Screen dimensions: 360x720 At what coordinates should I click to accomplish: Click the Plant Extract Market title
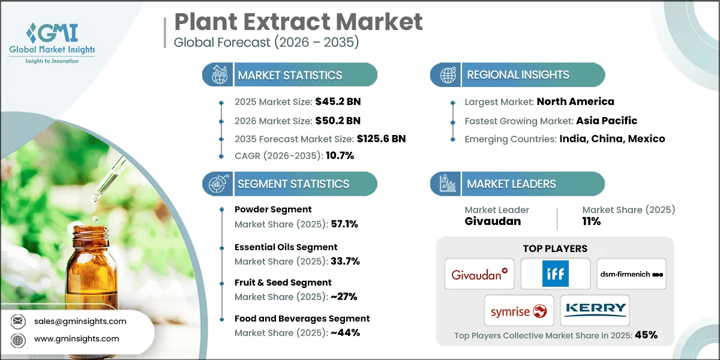pyautogui.click(x=298, y=22)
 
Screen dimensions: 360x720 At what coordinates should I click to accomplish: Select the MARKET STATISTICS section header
pyautogui.click(x=290, y=75)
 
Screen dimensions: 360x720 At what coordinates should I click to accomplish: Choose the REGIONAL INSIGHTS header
pyautogui.click(x=518, y=75)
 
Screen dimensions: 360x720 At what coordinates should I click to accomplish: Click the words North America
pyautogui.click(x=575, y=101)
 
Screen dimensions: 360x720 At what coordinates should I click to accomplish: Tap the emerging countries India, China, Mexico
pyautogui.click(x=612, y=139)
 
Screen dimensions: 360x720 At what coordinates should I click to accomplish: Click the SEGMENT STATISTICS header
pyautogui.click(x=293, y=184)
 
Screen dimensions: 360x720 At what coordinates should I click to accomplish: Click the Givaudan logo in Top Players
pyautogui.click(x=479, y=275)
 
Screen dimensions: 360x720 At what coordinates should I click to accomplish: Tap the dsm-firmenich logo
pyautogui.click(x=631, y=275)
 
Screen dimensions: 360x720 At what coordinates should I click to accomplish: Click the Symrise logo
pyautogui.click(x=518, y=311)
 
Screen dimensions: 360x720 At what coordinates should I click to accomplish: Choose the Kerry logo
pyautogui.click(x=595, y=311)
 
